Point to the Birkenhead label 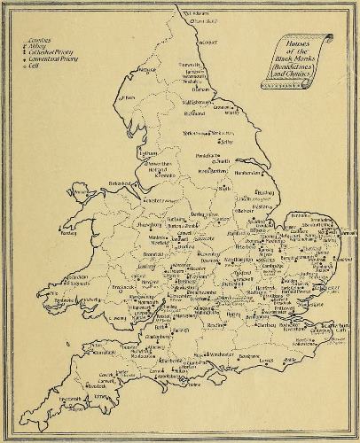point(121,183)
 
